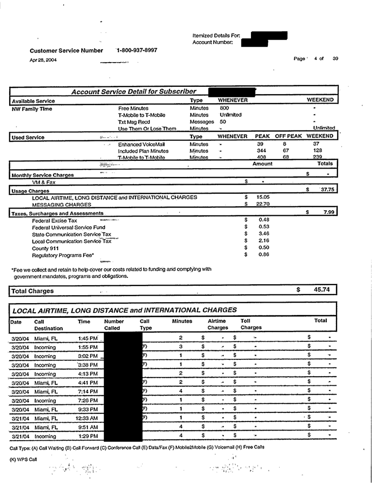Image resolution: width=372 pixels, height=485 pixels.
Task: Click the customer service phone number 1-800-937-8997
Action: (137, 50)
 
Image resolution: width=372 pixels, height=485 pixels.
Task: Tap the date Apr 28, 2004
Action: (43, 60)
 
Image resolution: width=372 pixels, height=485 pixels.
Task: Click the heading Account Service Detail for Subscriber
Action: (134, 91)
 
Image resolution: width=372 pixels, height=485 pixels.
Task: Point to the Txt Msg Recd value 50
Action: (223, 122)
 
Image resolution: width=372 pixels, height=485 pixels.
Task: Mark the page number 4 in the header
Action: (316, 59)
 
